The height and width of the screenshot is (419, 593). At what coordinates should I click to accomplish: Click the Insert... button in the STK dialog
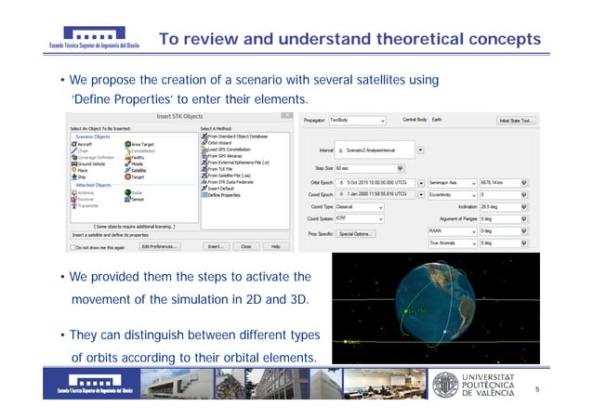tap(215, 247)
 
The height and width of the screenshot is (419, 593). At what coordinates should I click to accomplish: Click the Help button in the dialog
tap(275, 247)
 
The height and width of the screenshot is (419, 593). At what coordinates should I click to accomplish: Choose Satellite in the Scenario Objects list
tap(138, 170)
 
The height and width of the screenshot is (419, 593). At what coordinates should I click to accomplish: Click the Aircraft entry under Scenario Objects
tap(86, 144)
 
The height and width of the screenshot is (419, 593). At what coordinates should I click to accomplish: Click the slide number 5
tap(537, 390)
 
